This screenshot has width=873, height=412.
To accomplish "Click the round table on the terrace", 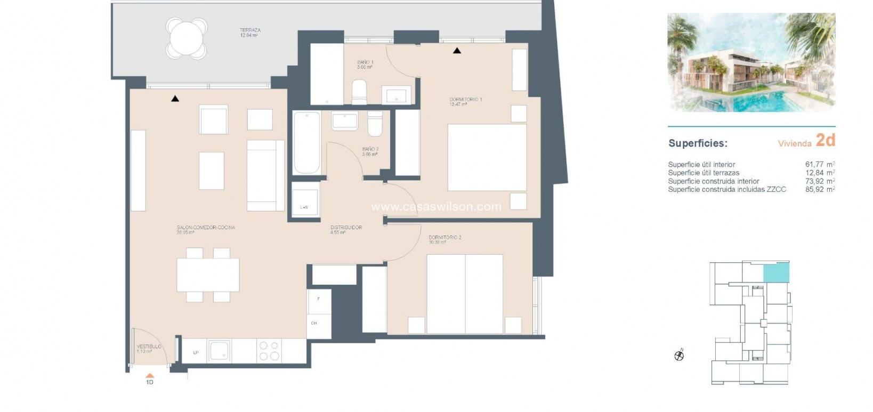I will point(187,37).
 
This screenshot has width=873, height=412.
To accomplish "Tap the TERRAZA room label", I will point(249,30).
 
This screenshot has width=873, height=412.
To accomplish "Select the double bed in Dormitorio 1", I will point(487,157).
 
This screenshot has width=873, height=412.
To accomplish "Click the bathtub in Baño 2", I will point(306,142).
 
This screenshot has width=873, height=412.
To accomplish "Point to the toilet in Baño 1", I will point(359,93).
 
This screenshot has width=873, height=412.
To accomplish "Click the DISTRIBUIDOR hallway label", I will point(346,228).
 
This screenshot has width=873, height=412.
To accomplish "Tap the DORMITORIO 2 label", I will point(444,237).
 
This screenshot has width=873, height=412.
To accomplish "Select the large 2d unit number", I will point(825,140).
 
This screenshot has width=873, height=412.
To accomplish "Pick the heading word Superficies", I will point(698,143).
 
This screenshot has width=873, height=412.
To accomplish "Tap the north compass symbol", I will point(679,356).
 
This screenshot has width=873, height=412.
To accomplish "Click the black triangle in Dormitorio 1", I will point(457,51).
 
